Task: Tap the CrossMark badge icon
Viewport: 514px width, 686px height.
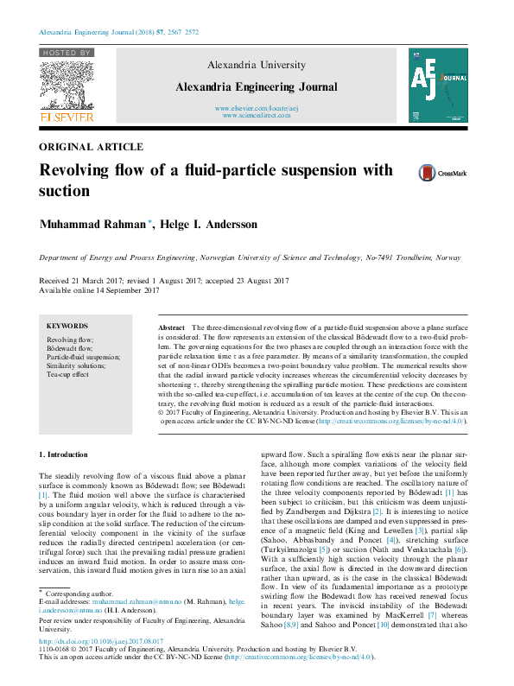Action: coord(428,173)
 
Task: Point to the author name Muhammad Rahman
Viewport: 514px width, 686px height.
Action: coord(92,225)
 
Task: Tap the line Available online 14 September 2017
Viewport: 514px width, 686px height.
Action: coord(100,290)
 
